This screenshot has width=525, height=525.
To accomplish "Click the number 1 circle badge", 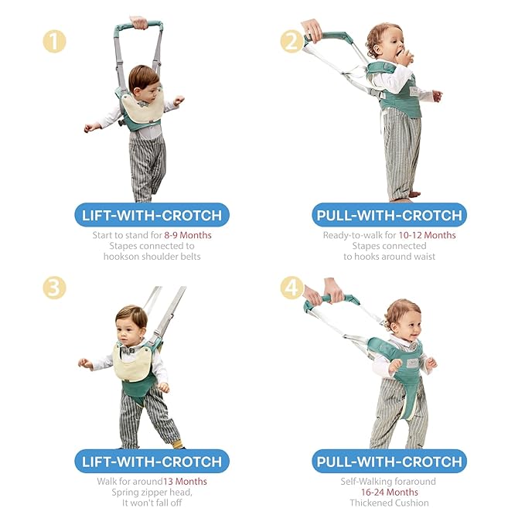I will (x=55, y=41).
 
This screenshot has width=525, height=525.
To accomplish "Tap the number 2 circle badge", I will (x=292, y=41).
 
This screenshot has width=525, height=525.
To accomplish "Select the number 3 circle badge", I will (x=55, y=288).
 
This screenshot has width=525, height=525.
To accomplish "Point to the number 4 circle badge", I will (x=292, y=288).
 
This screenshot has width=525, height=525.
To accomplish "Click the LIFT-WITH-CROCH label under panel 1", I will (x=152, y=214).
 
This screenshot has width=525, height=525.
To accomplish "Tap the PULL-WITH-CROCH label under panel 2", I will (x=389, y=214).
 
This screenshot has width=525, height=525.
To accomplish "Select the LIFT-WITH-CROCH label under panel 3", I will (x=152, y=462).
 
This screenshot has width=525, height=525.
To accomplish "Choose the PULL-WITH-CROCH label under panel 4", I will (x=389, y=462).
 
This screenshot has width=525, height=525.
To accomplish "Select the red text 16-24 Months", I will (x=390, y=493).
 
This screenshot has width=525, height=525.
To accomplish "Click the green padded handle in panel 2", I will (x=333, y=37).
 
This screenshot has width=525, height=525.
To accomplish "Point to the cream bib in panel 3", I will (x=133, y=362).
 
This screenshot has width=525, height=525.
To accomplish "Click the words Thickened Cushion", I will (x=390, y=503).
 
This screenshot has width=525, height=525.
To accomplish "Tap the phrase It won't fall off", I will (x=152, y=503).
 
